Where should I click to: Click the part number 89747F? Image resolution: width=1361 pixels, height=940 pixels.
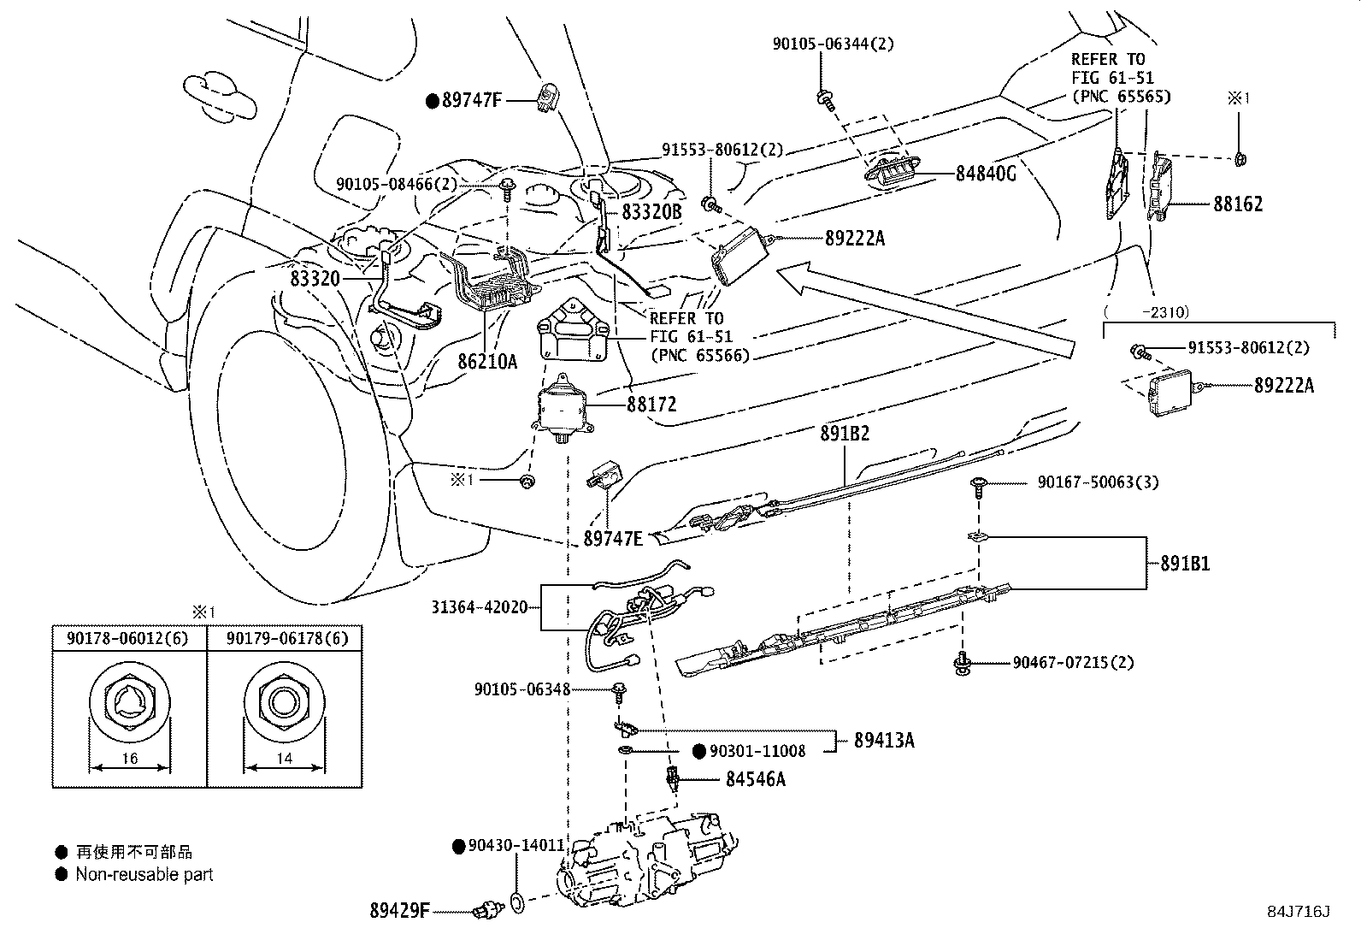pyautogui.click(x=472, y=100)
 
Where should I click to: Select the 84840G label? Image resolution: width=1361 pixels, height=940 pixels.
pyautogui.click(x=986, y=174)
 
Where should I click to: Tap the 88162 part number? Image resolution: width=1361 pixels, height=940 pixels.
pyautogui.click(x=1238, y=204)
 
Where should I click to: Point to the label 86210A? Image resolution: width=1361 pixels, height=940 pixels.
pyautogui.click(x=487, y=362)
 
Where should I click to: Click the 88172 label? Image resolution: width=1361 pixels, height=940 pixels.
pyautogui.click(x=651, y=405)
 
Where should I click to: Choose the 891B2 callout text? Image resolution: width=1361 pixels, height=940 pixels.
pyautogui.click(x=845, y=434)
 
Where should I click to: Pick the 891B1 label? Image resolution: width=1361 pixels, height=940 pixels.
pyautogui.click(x=1185, y=564)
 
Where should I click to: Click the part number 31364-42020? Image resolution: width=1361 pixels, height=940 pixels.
pyautogui.click(x=480, y=607)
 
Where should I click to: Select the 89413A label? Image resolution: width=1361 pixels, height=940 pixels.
pyautogui.click(x=884, y=740)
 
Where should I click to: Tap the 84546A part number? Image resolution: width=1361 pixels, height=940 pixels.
pyautogui.click(x=755, y=779)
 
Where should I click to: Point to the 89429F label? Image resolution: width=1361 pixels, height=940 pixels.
pyautogui.click(x=400, y=911)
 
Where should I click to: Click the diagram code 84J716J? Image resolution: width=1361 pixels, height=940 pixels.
pyautogui.click(x=1299, y=912)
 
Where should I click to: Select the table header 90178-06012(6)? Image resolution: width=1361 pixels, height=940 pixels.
pyautogui.click(x=127, y=638)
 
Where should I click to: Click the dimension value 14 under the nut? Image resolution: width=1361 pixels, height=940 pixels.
pyautogui.click(x=285, y=758)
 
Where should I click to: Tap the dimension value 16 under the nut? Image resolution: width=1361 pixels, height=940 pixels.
pyautogui.click(x=130, y=758)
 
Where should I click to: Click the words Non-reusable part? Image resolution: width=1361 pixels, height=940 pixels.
pyautogui.click(x=144, y=874)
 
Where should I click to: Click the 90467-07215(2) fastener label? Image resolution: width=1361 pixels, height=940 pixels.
pyautogui.click(x=1073, y=662)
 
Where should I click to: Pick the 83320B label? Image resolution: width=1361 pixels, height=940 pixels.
pyautogui.click(x=651, y=211)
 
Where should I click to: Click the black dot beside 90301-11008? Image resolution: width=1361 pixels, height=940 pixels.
pyautogui.click(x=700, y=752)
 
